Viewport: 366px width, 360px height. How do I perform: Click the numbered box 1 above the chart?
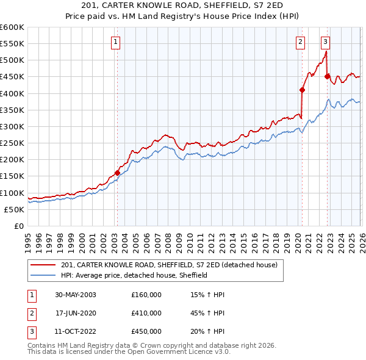pyautogui.click(x=116, y=42)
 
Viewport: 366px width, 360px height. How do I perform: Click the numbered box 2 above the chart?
pyautogui.click(x=301, y=42)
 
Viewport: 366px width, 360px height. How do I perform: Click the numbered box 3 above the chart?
pyautogui.click(x=326, y=42)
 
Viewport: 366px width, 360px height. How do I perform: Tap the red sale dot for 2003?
pyautogui.click(x=117, y=173)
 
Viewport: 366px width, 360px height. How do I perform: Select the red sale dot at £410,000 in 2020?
pyautogui.click(x=302, y=90)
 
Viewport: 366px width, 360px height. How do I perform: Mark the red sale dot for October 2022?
pyautogui.click(x=327, y=76)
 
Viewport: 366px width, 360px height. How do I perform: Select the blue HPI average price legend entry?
pyautogui.click(x=134, y=275)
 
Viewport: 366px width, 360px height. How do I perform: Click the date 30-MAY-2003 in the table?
pyautogui.click(x=76, y=295)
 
